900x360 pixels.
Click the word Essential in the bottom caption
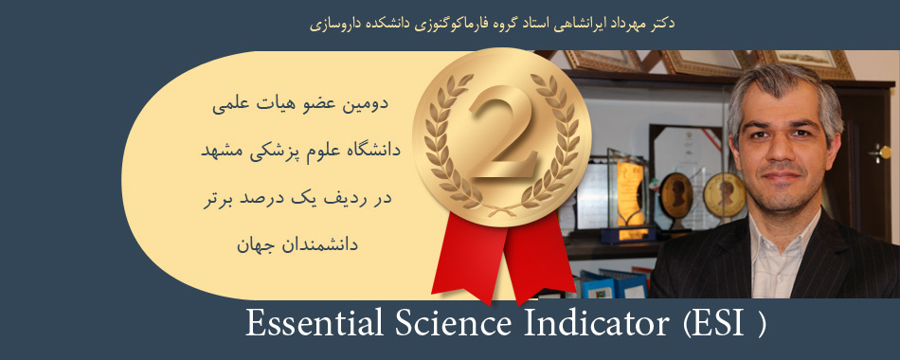pos(314,323)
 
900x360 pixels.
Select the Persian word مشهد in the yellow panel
pos(219,151)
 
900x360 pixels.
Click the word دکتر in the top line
pos(662,24)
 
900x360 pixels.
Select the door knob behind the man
pos(881,153)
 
